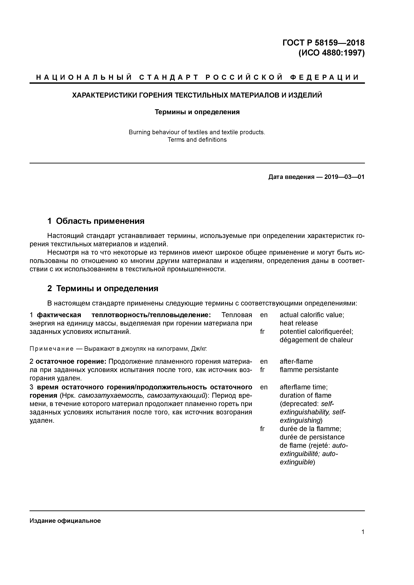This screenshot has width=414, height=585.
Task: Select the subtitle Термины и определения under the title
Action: (197, 112)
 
